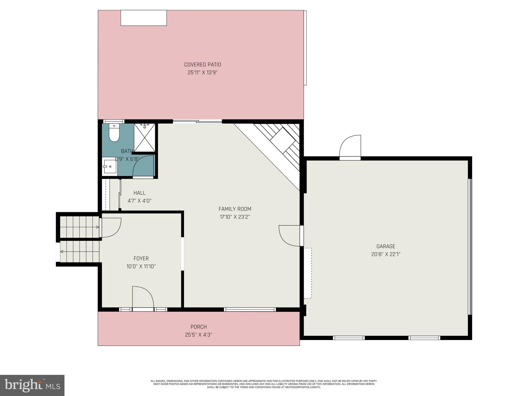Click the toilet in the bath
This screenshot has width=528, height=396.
(x=114, y=133)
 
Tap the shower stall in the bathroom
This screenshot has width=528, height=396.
(x=145, y=137)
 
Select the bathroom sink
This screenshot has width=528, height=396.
(x=110, y=167)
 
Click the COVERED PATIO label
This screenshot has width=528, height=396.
(x=202, y=64)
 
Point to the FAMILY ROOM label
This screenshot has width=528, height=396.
(x=235, y=209)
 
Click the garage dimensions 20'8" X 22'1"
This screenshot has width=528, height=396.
(x=385, y=254)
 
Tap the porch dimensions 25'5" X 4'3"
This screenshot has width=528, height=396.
(x=199, y=335)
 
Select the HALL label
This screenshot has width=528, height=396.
(x=139, y=193)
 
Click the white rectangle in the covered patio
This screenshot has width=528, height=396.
(x=144, y=18)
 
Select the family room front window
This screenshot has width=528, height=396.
(x=250, y=309)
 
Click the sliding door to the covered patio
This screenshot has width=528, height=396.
(x=197, y=121)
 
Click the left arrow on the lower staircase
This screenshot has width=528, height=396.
(x=62, y=252)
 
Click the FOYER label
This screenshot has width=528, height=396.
(x=141, y=258)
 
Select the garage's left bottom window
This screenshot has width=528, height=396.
(x=349, y=338)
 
